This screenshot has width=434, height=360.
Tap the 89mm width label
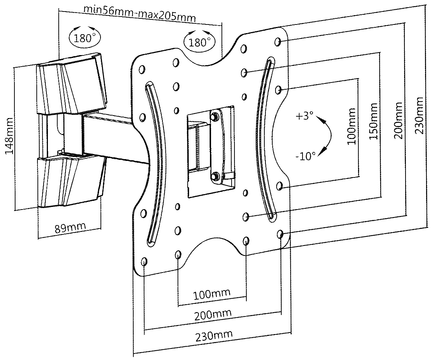[x=70, y=227]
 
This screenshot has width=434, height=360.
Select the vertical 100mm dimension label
[x=352, y=126]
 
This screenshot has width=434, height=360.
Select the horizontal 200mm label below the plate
[x=213, y=315]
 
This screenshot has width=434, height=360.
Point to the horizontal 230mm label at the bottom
[x=214, y=336]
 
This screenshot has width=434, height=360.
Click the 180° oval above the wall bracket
[x=85, y=37]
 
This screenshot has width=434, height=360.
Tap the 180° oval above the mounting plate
[x=200, y=42]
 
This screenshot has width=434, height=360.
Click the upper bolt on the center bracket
[x=215, y=116]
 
